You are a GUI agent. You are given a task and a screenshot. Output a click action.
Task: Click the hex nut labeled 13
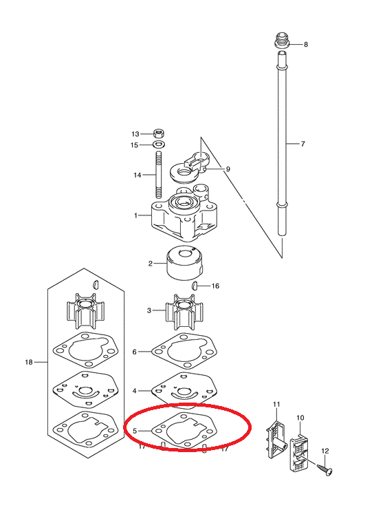coord(159,134)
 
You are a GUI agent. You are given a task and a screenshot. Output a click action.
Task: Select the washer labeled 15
coord(159,144)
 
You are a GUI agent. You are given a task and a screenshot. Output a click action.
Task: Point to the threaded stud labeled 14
coord(159,175)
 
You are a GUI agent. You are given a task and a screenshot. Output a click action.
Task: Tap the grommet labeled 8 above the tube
coord(283,41)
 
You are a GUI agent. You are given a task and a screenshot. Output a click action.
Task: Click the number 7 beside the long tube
coord(302,144)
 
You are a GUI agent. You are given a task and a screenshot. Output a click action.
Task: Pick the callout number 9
coord(228,169)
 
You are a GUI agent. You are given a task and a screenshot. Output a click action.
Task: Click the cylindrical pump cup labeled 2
coord(186,263)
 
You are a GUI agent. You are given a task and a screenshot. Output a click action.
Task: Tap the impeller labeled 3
coord(185,312)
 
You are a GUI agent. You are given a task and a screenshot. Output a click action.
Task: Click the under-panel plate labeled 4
coord(184,390)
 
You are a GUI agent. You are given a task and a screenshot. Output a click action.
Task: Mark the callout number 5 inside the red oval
coord(135,431)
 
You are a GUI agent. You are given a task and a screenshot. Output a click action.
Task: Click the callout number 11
coord(276,404)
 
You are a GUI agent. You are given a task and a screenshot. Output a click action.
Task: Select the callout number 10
coord(300,418)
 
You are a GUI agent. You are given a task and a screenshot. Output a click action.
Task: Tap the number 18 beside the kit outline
coord(29,362)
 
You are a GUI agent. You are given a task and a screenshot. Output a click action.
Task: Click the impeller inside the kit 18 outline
coord(86,310)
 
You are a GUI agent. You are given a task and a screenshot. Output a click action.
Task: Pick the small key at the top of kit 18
coord(96,284)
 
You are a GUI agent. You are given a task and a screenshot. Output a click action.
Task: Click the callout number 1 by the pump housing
coord(135,215)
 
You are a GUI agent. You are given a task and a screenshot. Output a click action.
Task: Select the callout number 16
coord(215,286)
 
